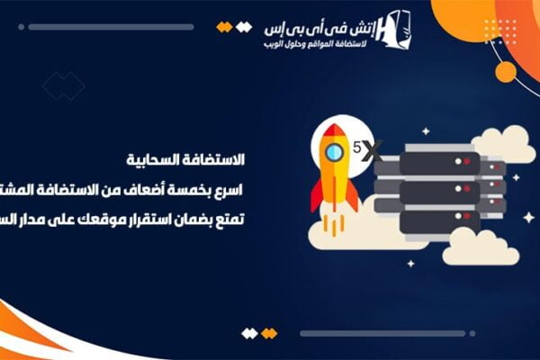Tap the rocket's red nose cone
tap(334, 131)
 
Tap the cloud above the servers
tap(504, 144)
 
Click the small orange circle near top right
tap(506, 71)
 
